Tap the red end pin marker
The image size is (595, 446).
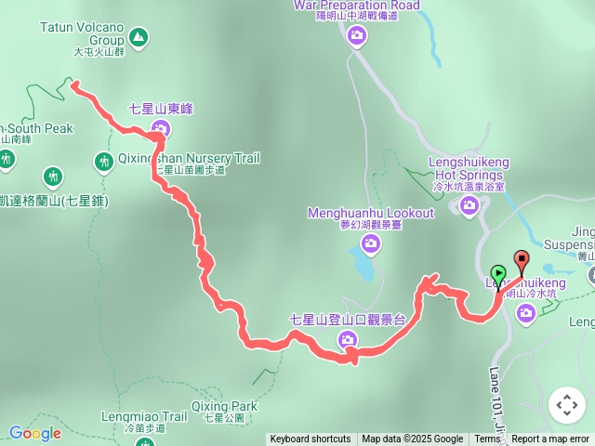(x=521, y=262)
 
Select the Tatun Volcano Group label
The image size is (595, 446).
(x=83, y=34)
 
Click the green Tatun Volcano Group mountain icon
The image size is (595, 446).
(x=139, y=37)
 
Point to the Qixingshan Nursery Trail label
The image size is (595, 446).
(x=189, y=159)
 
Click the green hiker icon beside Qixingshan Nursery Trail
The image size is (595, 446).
(x=103, y=162)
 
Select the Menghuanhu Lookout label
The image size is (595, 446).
(x=371, y=214)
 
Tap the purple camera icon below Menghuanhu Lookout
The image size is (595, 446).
(x=371, y=243)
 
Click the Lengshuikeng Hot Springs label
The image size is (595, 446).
(x=469, y=167)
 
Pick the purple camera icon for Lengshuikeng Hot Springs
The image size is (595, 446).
(x=469, y=204)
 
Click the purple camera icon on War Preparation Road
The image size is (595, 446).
(x=357, y=36)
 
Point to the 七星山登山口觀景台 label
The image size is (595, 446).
(x=348, y=320)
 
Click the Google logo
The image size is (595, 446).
(x=34, y=433)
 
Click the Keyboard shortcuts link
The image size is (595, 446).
(x=311, y=439)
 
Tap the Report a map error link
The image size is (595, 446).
(x=550, y=439)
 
